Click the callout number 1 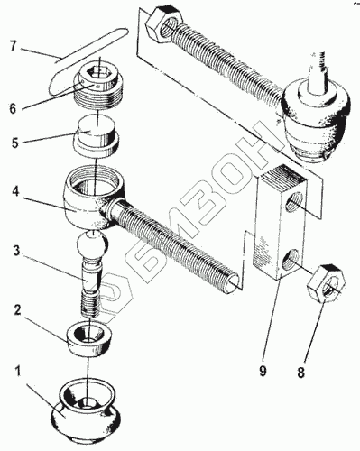[18, 371]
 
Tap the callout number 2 [18, 310]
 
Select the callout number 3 [17, 252]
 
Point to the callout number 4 [15, 191]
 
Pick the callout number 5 [14, 143]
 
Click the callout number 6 [13, 108]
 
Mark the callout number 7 [13, 45]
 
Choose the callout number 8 [301, 373]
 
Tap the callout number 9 [263, 371]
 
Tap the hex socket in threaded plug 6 [97, 72]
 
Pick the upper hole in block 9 [293, 202]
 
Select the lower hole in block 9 [291, 259]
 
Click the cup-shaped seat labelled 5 [97, 139]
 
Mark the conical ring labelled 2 [89, 339]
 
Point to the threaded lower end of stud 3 [90, 305]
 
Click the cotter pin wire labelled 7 [88, 61]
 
